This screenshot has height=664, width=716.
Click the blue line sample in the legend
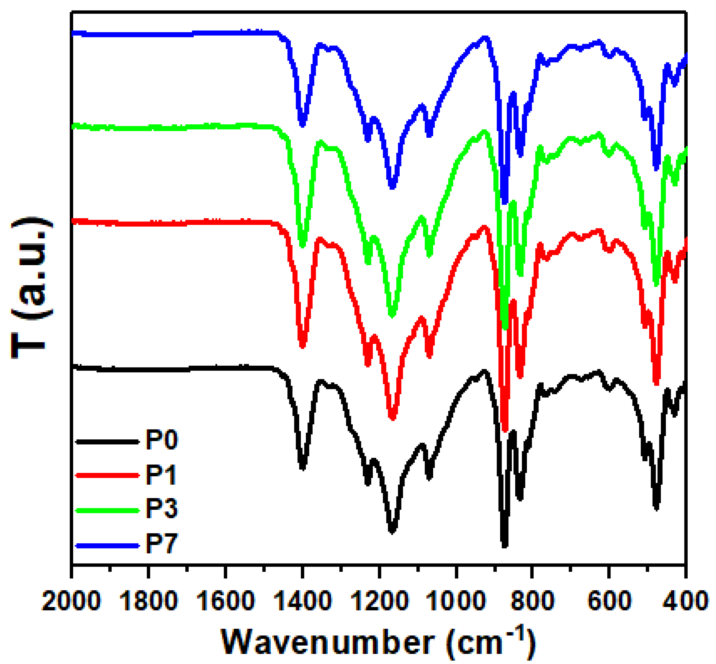coord(107,546)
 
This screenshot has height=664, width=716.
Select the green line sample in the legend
coord(107,510)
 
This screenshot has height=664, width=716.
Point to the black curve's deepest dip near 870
coord(504,545)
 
